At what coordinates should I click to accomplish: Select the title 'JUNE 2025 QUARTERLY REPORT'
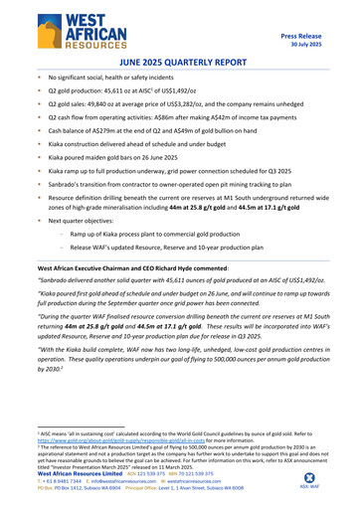[x=179, y=61]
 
